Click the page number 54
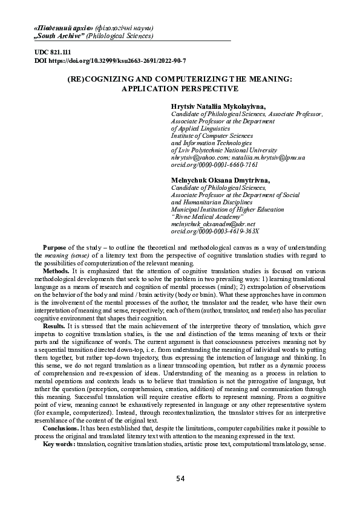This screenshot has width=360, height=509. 180,479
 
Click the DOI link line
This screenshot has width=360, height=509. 110,62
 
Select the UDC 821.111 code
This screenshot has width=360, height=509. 53,53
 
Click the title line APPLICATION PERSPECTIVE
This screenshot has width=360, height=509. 180,88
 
